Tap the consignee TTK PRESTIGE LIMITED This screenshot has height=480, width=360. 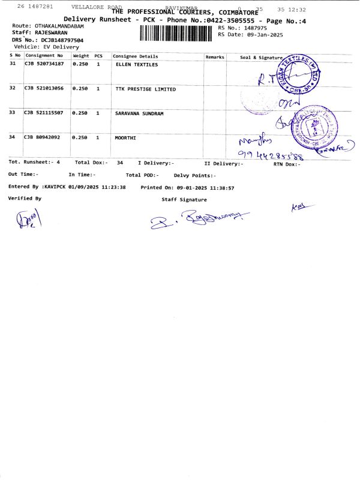[x=145, y=89]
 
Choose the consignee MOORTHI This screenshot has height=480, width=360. [x=125, y=137]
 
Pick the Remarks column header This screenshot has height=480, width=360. [x=215, y=56]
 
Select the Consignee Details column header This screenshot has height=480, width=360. [x=136, y=56]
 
